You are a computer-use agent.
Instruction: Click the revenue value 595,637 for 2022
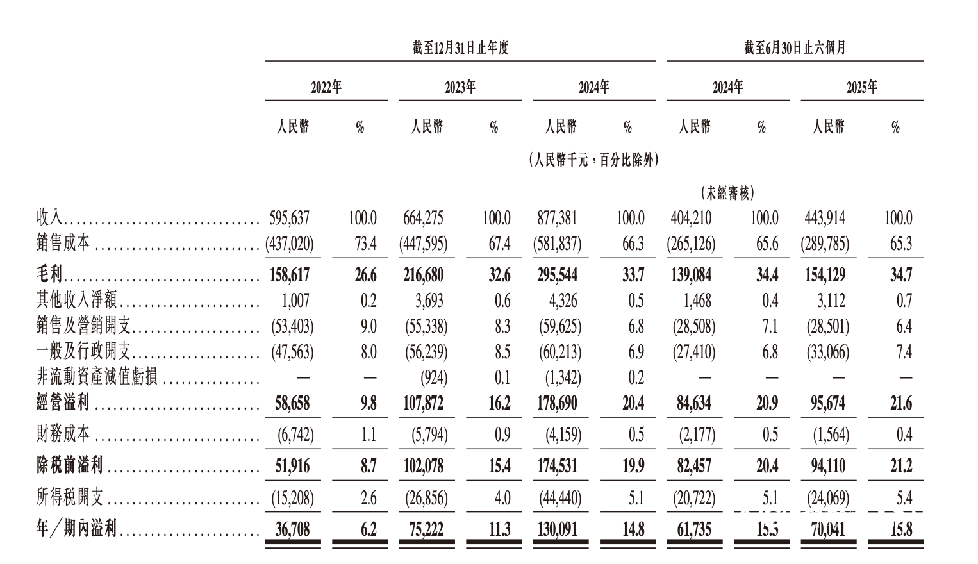(290, 219)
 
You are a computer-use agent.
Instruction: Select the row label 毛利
(49, 275)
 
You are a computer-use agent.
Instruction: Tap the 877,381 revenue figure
(557, 219)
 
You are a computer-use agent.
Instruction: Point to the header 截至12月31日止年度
(460, 48)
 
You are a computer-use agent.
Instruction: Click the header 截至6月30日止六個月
(795, 48)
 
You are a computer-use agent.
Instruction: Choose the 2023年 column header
(460, 88)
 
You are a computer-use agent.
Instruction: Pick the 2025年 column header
(861, 88)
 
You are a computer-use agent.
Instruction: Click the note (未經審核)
(727, 192)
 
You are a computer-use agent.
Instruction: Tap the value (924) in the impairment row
(434, 377)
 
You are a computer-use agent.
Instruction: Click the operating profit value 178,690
(557, 403)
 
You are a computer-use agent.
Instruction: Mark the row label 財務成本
(63, 435)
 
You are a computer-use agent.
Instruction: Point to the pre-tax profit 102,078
(424, 466)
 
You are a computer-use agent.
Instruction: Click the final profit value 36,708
(292, 529)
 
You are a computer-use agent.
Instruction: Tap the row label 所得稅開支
(69, 498)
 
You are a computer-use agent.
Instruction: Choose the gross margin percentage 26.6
(365, 275)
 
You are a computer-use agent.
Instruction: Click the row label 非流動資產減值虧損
(97, 377)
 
